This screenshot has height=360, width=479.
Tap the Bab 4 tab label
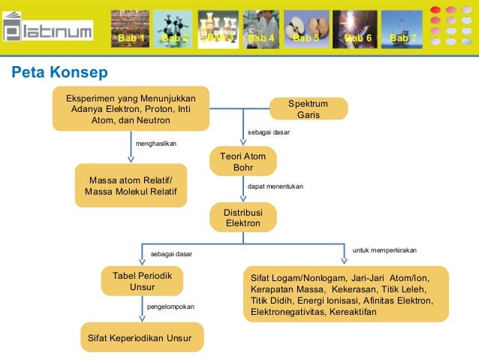pos(261,38)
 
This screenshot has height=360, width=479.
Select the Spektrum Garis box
pos(308,109)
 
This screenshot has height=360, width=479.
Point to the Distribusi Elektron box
pos(243,218)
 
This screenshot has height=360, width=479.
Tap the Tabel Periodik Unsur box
pos(142,281)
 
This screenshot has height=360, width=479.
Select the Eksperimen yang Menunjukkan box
pos(131,108)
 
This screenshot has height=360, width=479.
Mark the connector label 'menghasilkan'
pos(156,143)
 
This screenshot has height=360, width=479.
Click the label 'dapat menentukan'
pos(275,186)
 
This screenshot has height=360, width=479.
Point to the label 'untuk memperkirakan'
pos(384,249)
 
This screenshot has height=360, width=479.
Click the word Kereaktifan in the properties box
pos(353,312)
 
